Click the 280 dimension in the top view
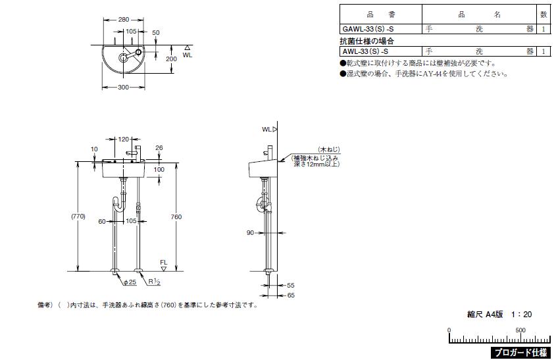click(124, 20)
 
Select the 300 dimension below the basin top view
click(123, 88)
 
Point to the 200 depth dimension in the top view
click(172, 59)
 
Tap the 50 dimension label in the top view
click(156, 32)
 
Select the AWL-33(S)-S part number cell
click(365, 51)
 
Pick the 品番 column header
click(380, 13)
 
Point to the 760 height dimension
click(176, 217)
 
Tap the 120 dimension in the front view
click(124, 140)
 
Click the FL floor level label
click(164, 263)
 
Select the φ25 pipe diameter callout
click(129, 282)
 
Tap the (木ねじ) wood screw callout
click(327, 150)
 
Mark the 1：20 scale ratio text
click(521, 315)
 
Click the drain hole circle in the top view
click(122, 58)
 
